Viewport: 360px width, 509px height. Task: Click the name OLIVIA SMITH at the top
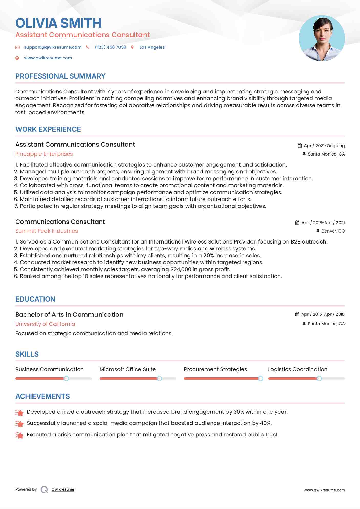click(x=58, y=23)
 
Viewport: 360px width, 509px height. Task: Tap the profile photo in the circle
click(x=322, y=38)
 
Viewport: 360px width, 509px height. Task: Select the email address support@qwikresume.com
click(x=53, y=47)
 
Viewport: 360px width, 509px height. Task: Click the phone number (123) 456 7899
click(x=111, y=47)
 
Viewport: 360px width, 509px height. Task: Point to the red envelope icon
click(x=17, y=47)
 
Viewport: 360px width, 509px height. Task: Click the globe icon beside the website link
click(x=17, y=58)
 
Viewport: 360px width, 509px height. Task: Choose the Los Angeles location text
click(x=152, y=47)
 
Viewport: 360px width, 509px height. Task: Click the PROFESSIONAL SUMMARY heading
click(x=60, y=76)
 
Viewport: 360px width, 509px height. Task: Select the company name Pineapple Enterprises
click(x=44, y=154)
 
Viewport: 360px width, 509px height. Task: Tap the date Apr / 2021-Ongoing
click(x=324, y=146)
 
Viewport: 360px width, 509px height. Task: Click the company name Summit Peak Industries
click(x=47, y=231)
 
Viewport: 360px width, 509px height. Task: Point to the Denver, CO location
click(x=333, y=231)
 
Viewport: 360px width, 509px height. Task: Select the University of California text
click(x=45, y=324)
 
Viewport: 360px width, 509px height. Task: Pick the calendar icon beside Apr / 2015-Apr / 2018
click(x=297, y=314)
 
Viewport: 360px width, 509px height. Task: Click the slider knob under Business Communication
click(x=66, y=378)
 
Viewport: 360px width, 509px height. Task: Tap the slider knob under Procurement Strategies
click(x=260, y=378)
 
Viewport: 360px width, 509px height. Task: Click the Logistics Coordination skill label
click(x=298, y=369)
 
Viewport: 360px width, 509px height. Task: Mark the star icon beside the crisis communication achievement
click(x=19, y=435)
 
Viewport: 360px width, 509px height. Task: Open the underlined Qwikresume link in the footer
click(x=63, y=489)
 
